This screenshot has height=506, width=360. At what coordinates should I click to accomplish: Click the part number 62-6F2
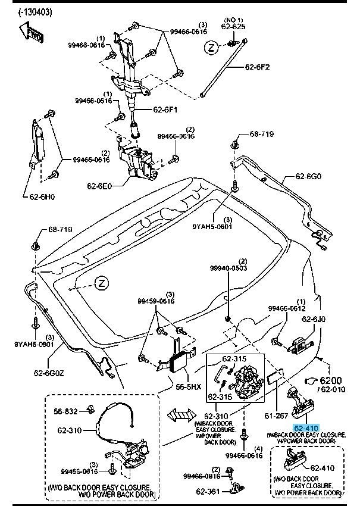(257, 67)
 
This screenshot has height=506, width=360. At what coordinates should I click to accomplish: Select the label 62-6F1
(165, 110)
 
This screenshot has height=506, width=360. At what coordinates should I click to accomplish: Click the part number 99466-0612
(286, 308)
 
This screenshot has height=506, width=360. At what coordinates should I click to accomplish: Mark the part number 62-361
(208, 492)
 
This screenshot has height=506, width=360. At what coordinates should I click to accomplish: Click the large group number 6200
(334, 380)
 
